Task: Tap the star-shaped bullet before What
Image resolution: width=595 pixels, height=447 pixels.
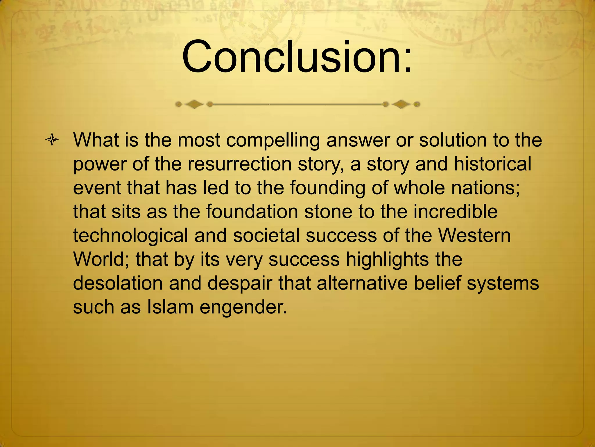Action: tap(52, 141)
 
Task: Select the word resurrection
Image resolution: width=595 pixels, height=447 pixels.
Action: tap(239, 164)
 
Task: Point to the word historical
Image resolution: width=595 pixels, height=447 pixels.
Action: tap(492, 164)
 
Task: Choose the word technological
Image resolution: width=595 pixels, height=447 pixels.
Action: tap(130, 235)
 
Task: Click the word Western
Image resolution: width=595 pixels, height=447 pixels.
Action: tap(474, 235)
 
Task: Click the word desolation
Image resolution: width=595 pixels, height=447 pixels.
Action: tap(118, 283)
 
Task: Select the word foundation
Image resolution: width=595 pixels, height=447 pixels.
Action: tap(252, 212)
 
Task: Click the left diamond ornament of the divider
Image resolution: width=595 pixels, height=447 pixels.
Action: tap(194, 104)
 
